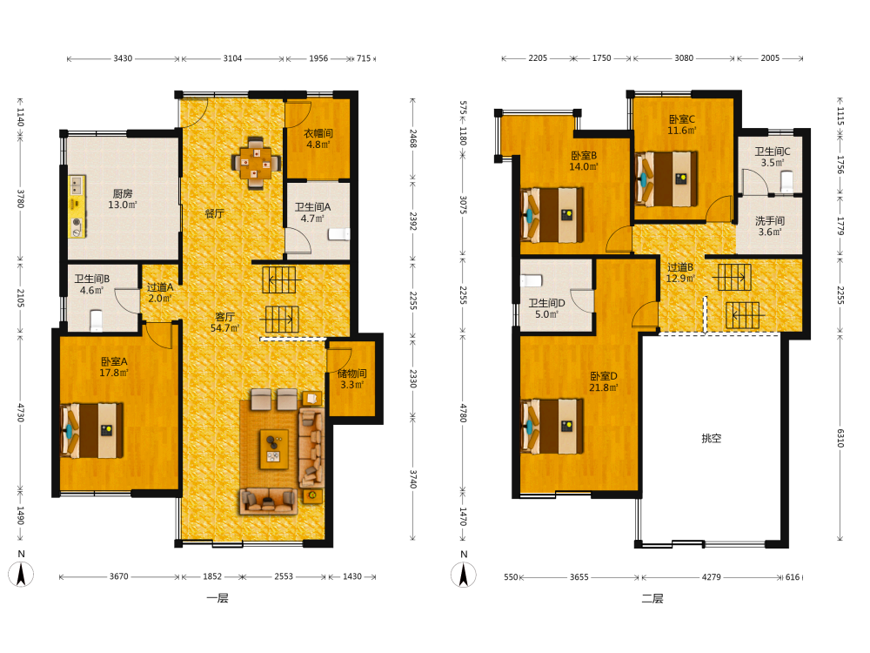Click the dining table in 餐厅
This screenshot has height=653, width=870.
coord(256,164)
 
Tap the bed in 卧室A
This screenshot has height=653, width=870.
coord(92,430)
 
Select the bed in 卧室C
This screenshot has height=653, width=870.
coord(666,178)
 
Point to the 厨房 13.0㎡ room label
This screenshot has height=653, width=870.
coord(123,199)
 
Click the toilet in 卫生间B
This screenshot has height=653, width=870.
coord(96,320)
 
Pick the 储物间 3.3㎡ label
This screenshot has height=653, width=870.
coord(351,379)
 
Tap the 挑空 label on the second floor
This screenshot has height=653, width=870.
coord(712,438)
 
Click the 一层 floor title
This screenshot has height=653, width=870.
coord(217,598)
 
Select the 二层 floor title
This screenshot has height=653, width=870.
coord(652,598)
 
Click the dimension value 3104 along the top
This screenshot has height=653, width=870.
coord(232,58)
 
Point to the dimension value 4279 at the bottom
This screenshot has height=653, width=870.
coord(712,577)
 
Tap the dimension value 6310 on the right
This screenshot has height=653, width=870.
coord(840,438)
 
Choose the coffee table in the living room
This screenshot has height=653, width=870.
coord(274,448)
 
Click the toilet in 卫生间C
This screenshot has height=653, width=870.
coord(786,181)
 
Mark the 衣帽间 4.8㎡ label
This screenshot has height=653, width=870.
coord(318,138)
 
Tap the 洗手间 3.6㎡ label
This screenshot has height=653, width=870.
coord(770,226)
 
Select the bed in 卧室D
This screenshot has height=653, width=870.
coord(552,426)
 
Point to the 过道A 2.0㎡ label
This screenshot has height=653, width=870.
coord(160,293)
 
